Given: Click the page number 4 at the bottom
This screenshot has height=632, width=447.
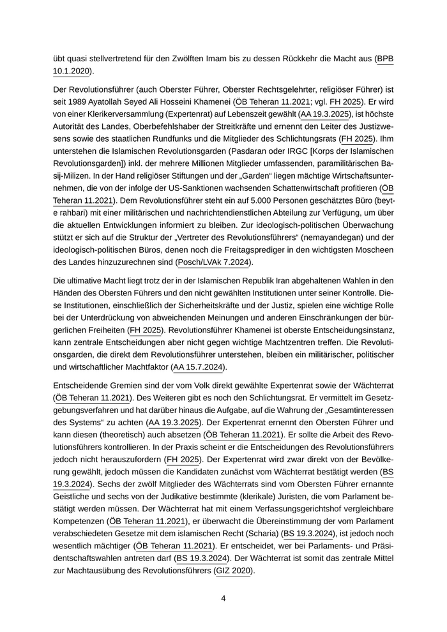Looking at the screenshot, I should tap(223, 598).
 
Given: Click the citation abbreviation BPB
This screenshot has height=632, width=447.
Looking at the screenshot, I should tap(385, 59).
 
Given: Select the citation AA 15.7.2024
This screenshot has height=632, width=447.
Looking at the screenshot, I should tap(199, 367).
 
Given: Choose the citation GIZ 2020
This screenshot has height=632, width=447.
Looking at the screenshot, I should tap(234, 571).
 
